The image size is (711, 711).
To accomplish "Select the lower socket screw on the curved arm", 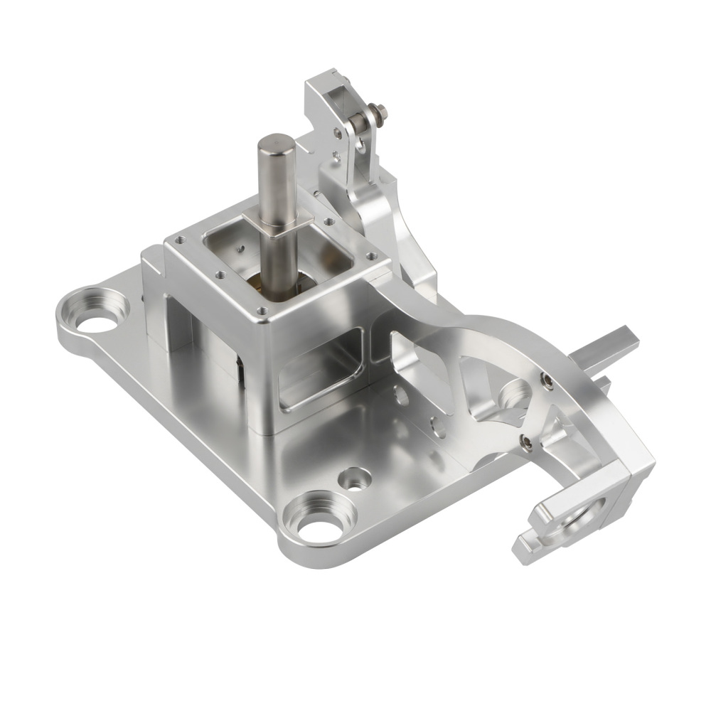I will [x=524, y=443].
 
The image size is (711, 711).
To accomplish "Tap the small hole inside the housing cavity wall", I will [x=240, y=249].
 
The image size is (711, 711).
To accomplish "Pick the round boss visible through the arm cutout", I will [x=513, y=395].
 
